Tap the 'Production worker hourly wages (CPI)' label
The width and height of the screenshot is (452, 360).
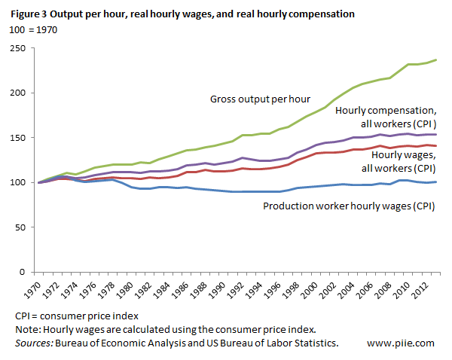349,206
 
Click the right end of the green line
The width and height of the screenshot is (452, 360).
437,60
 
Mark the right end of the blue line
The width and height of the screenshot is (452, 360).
437,182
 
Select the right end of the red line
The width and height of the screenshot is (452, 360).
437,145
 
